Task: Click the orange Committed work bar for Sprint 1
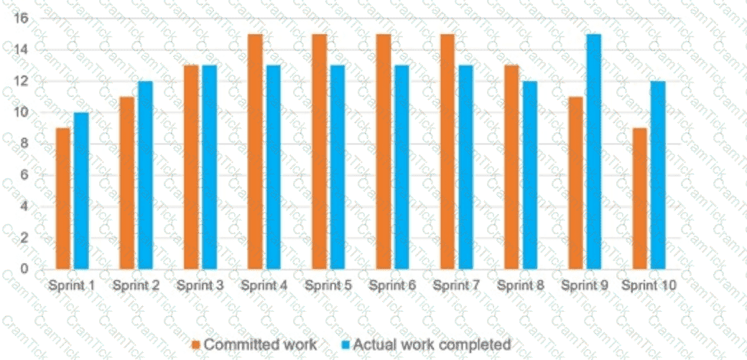63,198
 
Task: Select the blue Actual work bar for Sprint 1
81,190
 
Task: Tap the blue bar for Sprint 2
145,175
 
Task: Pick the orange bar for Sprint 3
192,167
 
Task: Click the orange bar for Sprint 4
255,151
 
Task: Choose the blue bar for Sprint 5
338,167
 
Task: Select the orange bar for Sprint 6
384,151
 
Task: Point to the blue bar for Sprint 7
465,167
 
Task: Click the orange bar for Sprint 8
512,167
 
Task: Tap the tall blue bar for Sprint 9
594,151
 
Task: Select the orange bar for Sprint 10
640,198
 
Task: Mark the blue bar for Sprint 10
658,175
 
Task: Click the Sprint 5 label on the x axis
328,285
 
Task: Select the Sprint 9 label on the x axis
585,285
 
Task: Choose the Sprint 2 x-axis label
136,285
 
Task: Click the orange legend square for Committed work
195,344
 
